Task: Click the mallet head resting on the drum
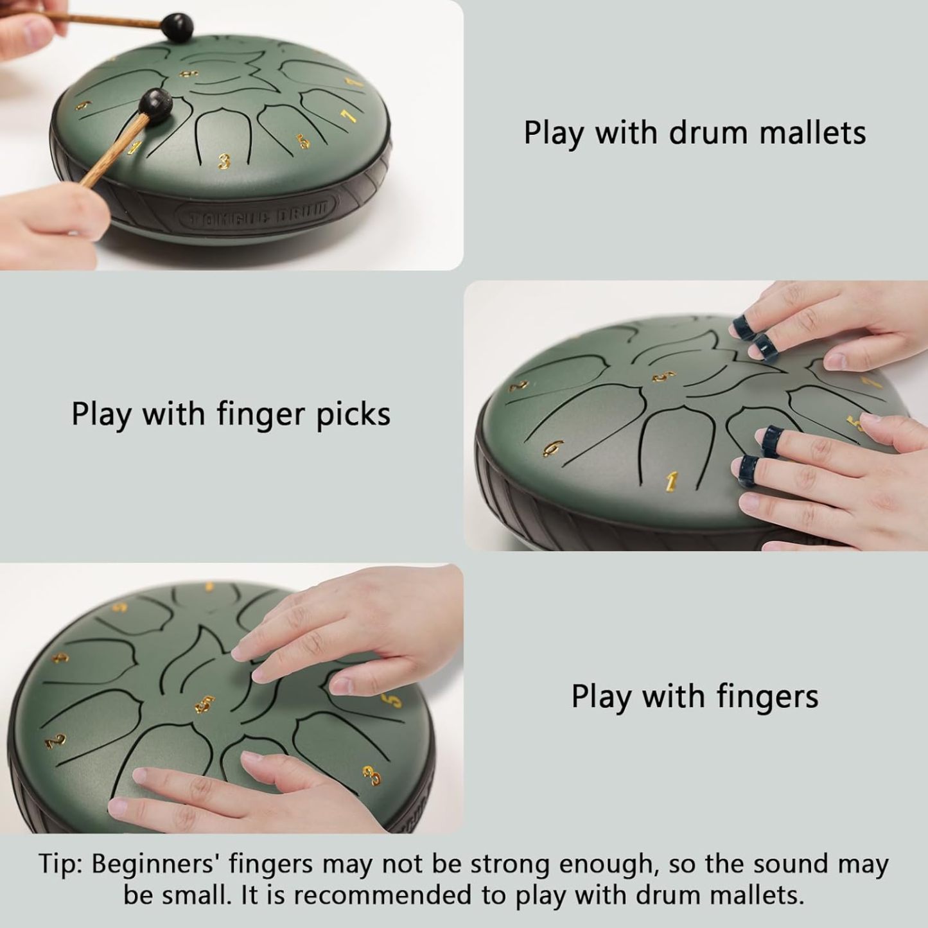(156, 103)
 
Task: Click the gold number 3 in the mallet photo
(223, 161)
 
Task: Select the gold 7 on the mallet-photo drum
(347, 116)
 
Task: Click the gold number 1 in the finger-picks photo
(671, 481)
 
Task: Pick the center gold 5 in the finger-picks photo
(664, 377)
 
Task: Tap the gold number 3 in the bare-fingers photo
(372, 775)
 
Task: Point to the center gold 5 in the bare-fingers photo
(205, 704)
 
